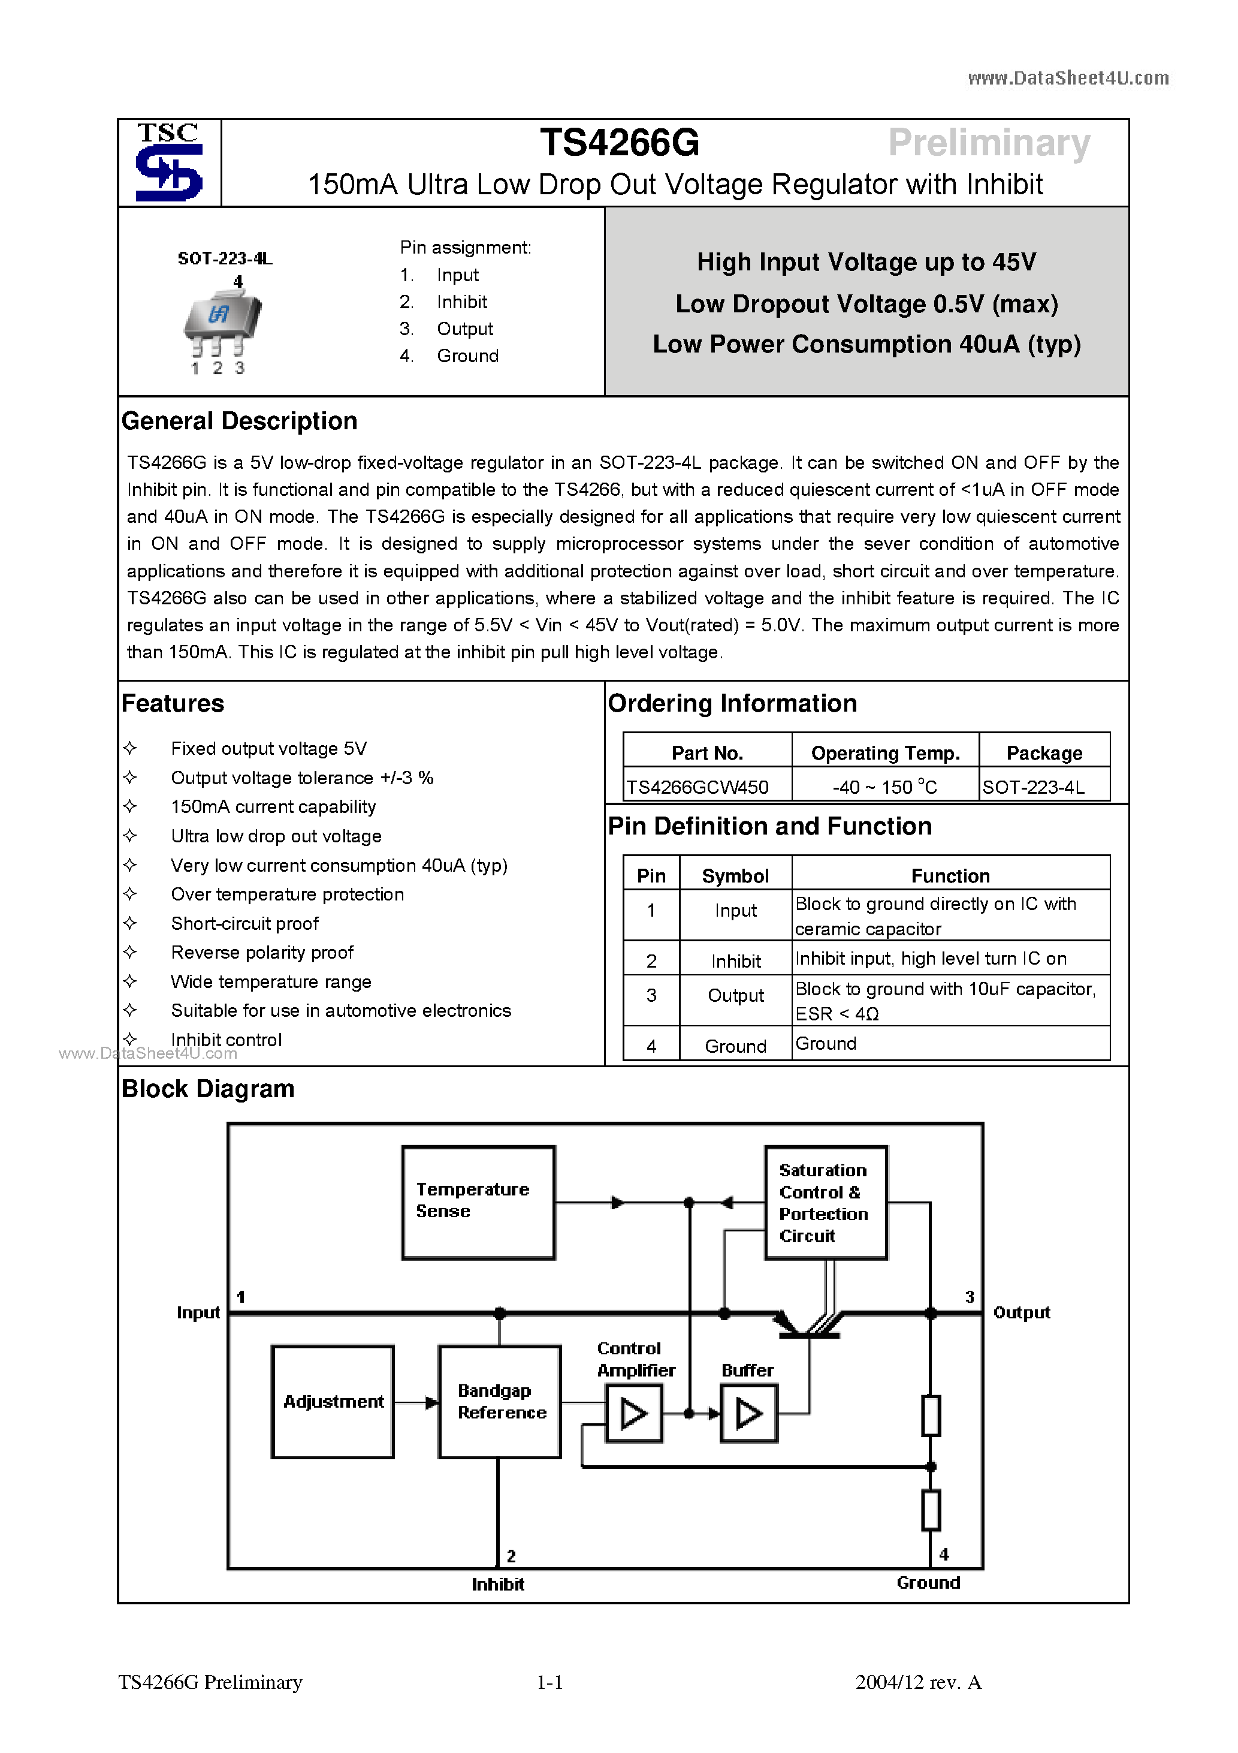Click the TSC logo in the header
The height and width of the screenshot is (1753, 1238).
point(168,162)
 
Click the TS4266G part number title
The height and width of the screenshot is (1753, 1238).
point(619,143)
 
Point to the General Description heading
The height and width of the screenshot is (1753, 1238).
point(239,421)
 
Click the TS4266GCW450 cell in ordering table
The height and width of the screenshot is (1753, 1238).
point(697,787)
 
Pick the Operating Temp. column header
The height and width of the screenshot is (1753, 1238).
point(884,753)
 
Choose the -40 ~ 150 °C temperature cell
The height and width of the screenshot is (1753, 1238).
point(884,787)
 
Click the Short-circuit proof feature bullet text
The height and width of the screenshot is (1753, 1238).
point(244,924)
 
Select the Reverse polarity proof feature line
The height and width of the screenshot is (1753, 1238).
point(262,953)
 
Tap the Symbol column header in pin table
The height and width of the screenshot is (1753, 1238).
point(735,876)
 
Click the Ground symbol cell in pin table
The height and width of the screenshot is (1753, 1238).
point(735,1046)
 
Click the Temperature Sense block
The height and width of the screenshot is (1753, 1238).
point(478,1202)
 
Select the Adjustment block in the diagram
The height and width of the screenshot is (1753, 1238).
point(333,1402)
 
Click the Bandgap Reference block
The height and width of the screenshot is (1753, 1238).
point(499,1402)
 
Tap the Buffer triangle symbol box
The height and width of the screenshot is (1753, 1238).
point(748,1414)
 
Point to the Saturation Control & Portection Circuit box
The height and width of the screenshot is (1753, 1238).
point(825,1202)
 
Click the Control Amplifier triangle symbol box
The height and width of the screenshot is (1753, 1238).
point(633,1414)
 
